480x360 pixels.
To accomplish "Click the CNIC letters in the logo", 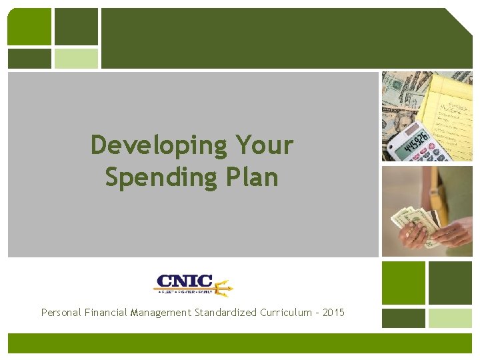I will point(184,282).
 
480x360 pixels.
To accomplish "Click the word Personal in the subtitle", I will point(61,313).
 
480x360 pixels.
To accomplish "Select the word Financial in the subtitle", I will point(107,313).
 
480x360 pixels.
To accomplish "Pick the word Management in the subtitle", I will point(161,313).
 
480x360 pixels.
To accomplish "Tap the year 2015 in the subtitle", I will point(333,313).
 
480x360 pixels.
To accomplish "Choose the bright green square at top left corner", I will point(29,27).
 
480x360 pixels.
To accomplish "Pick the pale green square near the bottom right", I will point(450,318).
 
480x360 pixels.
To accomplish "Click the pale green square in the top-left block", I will point(76,58).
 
